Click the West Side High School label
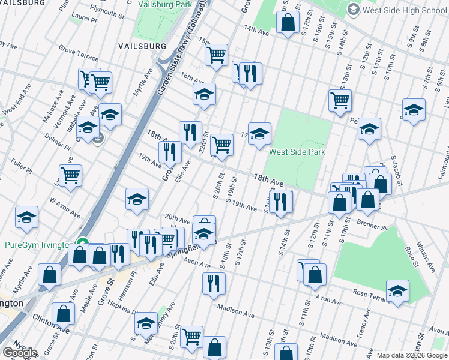pos(405,10)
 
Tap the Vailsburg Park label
pos(164,4)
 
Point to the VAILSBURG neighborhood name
pos(142,46)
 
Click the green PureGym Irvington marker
pos(83,245)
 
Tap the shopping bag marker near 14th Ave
pos(288,22)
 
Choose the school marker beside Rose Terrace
pos(397,291)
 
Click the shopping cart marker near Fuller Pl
pos(71,175)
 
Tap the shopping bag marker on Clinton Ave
pos(63,314)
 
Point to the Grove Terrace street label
pos(79,52)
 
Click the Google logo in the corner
pos(20,353)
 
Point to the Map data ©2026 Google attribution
pos(411,355)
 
